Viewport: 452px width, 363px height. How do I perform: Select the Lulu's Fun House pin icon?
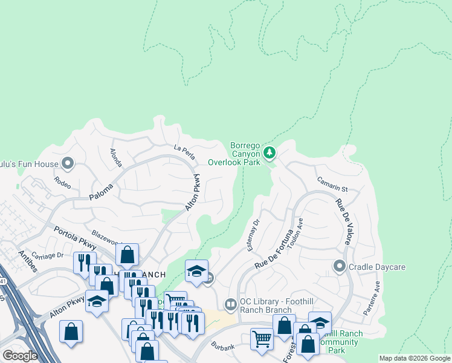coord(67,163)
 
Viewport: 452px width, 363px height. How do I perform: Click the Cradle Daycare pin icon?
coord(339,266)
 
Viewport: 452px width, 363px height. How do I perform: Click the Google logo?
coord(19,355)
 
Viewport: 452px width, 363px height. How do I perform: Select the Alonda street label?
coord(115,157)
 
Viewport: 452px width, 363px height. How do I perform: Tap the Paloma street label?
coord(102,192)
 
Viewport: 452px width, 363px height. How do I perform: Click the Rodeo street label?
coord(62,181)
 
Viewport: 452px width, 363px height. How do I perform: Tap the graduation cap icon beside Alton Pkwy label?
coord(97,301)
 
